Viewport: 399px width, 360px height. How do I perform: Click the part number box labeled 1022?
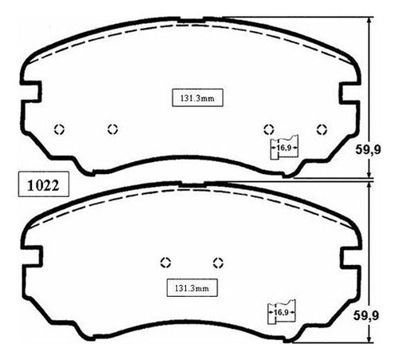(x=44, y=184)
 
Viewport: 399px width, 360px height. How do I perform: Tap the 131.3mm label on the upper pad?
(x=197, y=98)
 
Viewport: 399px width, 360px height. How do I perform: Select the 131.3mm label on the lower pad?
(x=192, y=288)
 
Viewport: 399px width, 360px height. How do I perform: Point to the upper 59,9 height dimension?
(x=368, y=149)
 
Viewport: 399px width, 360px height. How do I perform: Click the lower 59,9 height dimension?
(x=366, y=316)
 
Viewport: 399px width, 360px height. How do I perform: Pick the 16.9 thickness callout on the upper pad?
(x=284, y=147)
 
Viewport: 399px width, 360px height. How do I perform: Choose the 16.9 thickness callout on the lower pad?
(x=282, y=311)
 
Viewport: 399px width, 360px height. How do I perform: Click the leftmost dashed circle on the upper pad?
(x=59, y=129)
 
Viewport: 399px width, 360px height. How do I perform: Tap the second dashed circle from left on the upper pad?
(x=113, y=129)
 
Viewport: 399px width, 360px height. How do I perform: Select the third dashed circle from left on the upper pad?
(x=269, y=129)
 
